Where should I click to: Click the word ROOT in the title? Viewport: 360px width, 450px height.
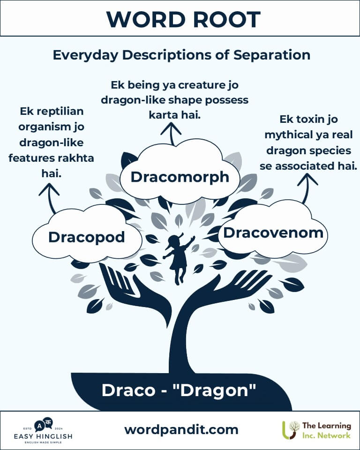pos(226,20)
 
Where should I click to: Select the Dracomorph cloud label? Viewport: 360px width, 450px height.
pos(180,177)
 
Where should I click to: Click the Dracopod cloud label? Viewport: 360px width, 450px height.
pos(86,237)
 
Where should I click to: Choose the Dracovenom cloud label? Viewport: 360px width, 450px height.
pos(273,233)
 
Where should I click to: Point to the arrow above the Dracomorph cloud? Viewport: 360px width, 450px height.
pos(172,134)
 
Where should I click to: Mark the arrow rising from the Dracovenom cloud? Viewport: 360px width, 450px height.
pos(306,188)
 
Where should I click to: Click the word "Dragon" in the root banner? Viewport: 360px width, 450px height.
pos(218,390)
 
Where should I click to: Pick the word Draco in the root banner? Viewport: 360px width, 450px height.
pos(128,390)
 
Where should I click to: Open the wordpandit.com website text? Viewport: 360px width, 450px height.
pos(181,430)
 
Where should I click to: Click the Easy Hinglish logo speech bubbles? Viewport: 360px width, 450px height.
pos(44,425)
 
